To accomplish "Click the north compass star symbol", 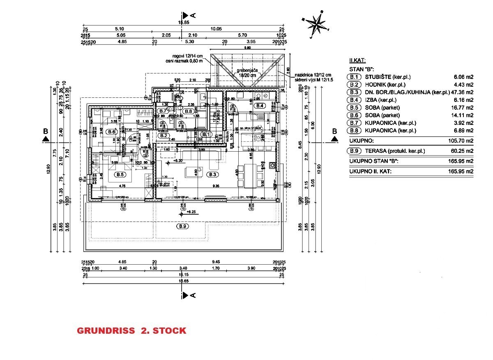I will tap(317, 23).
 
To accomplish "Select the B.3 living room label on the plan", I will tap(213, 175).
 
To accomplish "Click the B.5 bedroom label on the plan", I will tap(120, 175).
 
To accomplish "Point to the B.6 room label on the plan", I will tap(111, 132).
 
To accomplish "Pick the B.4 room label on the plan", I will tap(260, 106).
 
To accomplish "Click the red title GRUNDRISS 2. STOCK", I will tap(131, 330).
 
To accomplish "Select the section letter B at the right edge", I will tap(334, 132).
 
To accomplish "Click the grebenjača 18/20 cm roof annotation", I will tap(246, 73).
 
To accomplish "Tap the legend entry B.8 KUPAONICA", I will tap(382, 130).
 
